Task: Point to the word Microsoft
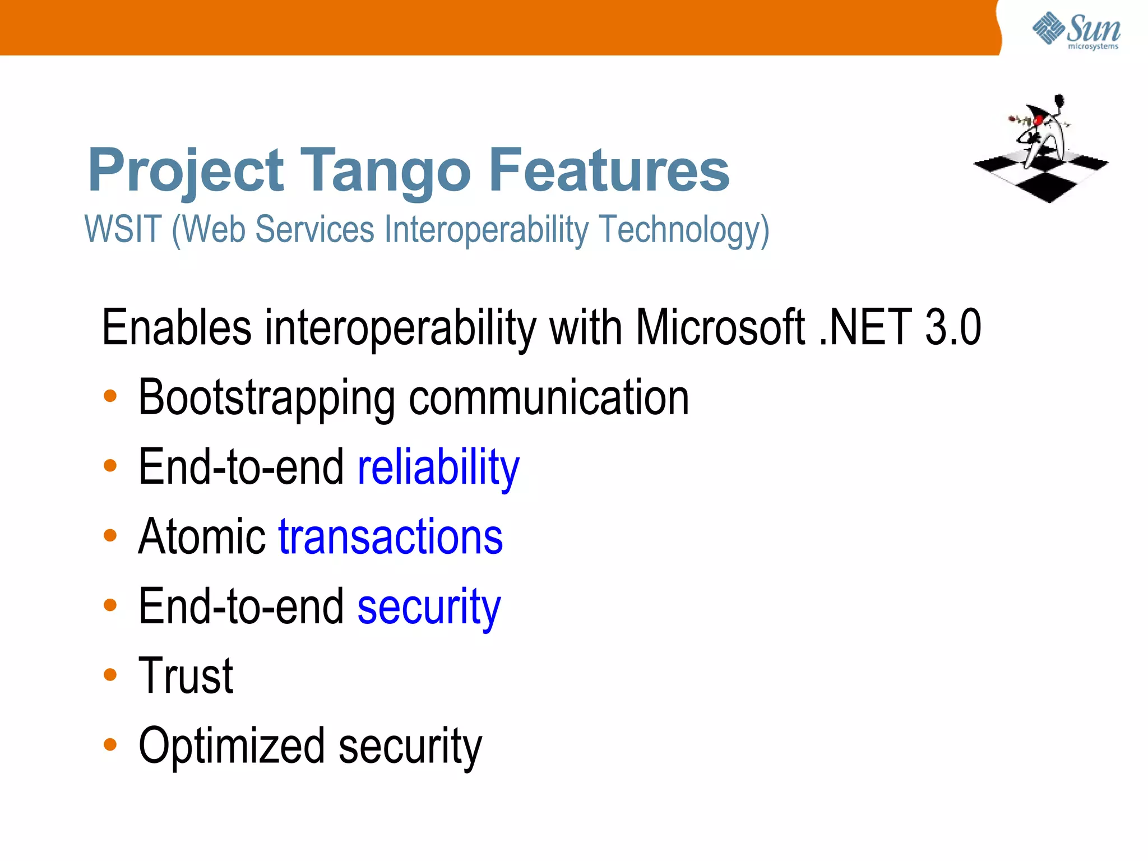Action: click(720, 327)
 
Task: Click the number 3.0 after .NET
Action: click(952, 327)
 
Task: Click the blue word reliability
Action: click(438, 467)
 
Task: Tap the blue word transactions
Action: click(391, 537)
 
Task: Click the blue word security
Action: click(429, 607)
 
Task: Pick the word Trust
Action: click(186, 676)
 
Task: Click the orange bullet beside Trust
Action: click(110, 675)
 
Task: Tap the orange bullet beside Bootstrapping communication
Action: click(110, 396)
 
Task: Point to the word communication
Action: click(549, 398)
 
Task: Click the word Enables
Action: click(177, 327)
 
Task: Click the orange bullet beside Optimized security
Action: click(110, 744)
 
